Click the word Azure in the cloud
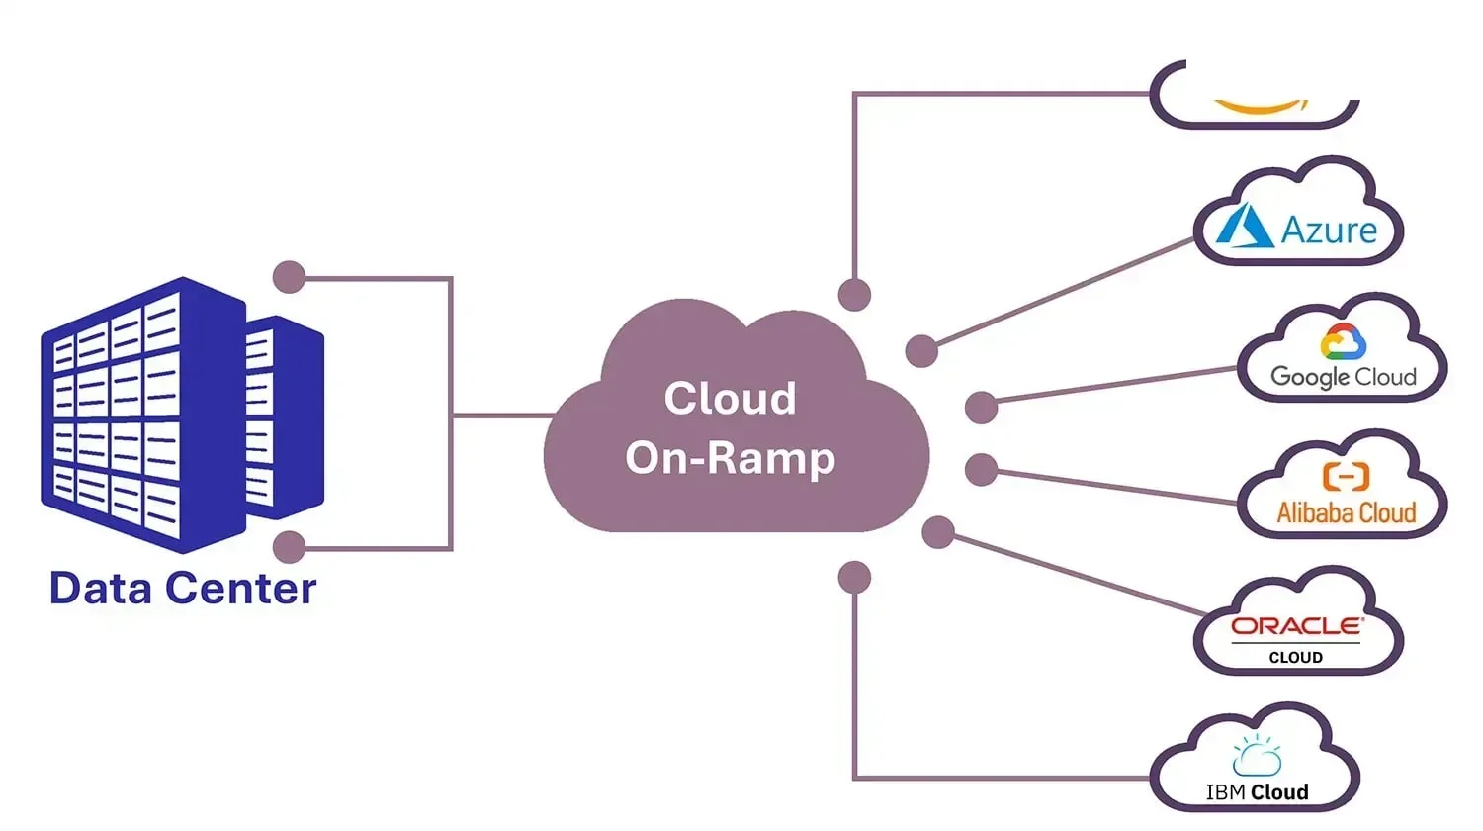click(x=1329, y=230)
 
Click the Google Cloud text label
click(x=1343, y=377)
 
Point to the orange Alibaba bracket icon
click(x=1346, y=477)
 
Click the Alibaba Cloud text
click(x=1346, y=512)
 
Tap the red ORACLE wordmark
click(x=1296, y=626)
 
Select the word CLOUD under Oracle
click(x=1295, y=658)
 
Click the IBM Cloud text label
click(x=1257, y=792)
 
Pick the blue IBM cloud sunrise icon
click(x=1257, y=757)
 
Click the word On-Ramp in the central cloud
click(x=730, y=458)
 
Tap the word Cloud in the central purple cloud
click(x=730, y=399)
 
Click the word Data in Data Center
click(x=100, y=589)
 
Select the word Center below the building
click(x=240, y=589)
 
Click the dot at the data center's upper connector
click(x=289, y=277)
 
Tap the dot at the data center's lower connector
click(x=289, y=547)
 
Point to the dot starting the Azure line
click(x=921, y=350)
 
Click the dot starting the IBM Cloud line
click(x=854, y=578)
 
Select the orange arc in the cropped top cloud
click(x=1259, y=107)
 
